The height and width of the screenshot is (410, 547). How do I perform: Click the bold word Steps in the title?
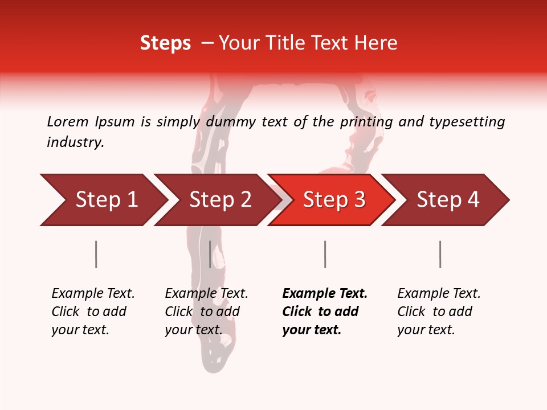(165, 43)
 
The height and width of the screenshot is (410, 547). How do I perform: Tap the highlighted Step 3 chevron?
(334, 200)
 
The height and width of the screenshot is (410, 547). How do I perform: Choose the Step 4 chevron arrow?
(448, 200)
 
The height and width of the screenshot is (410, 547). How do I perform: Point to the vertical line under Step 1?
(96, 254)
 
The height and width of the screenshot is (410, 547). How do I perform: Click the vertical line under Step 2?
(210, 254)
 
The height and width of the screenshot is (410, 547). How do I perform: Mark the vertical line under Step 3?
(325, 254)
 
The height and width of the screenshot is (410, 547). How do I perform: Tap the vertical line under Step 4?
(440, 254)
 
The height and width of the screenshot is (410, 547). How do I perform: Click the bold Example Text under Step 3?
(325, 311)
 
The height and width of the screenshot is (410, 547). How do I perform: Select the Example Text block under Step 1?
(93, 311)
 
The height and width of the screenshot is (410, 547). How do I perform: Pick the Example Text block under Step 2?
(206, 311)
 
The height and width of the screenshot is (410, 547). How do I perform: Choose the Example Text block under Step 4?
(439, 311)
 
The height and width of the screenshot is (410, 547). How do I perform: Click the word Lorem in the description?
(67, 121)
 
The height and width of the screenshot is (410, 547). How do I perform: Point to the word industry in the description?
(75, 142)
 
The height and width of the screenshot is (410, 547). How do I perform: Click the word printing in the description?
(366, 121)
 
